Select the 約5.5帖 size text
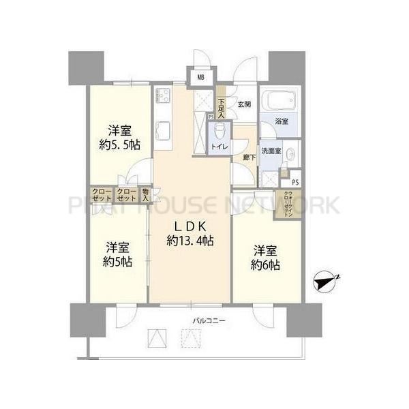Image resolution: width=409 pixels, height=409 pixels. coord(117,145)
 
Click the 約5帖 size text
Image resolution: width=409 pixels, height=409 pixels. coord(118,262)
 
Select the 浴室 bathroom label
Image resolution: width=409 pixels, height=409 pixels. coord(281,121)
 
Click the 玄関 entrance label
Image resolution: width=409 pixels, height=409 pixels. coord(244,104)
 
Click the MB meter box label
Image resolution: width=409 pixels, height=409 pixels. coord(200,77)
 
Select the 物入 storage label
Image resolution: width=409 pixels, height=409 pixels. coord(145,195)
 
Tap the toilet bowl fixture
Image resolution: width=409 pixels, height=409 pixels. coord(219,131)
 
